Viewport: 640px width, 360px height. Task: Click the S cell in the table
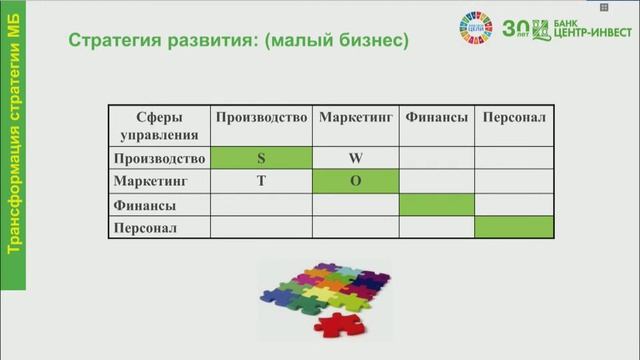[261, 158]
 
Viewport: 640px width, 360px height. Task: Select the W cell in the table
[356, 158]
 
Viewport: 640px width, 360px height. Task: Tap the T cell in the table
[261, 182]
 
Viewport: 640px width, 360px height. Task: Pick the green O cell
[356, 182]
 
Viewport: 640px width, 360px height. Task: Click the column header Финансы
[437, 118]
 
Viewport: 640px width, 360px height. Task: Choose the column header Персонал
[514, 118]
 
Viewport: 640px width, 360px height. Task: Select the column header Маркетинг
[356, 118]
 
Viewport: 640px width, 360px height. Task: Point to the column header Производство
[261, 118]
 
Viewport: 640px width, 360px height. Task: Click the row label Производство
[160, 158]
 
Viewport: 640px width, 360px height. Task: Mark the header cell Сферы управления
[160, 125]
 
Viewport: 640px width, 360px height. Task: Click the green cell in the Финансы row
[437, 205]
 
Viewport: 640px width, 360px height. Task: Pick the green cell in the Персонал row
[514, 228]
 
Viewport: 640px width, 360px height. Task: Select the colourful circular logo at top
[476, 27]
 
